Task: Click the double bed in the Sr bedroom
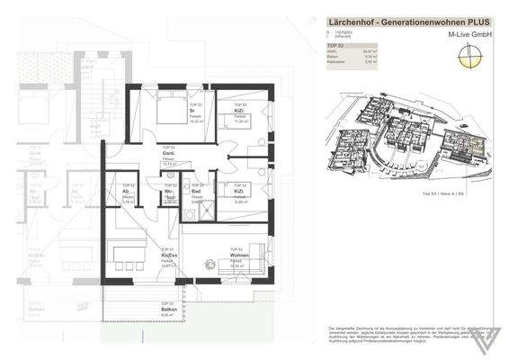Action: pyautogui.click(x=168, y=112)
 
